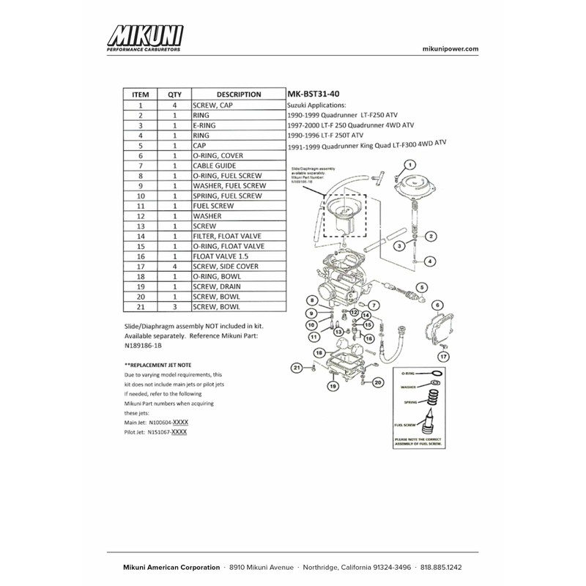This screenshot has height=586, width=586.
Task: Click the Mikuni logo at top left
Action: (145, 39)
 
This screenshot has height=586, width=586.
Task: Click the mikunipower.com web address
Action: (451, 48)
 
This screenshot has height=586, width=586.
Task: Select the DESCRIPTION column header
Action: (239, 94)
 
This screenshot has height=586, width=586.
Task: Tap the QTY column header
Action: (174, 94)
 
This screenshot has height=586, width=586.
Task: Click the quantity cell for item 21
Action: (174, 308)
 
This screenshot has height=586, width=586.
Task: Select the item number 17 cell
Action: (140, 267)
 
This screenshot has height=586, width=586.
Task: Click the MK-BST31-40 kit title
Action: (314, 94)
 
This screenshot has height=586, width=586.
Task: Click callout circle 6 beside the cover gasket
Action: (438, 305)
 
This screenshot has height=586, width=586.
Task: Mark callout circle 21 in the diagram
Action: (297, 367)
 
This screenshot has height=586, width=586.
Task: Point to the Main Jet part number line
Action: (157, 423)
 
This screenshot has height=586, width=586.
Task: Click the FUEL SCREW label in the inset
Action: (404, 424)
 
